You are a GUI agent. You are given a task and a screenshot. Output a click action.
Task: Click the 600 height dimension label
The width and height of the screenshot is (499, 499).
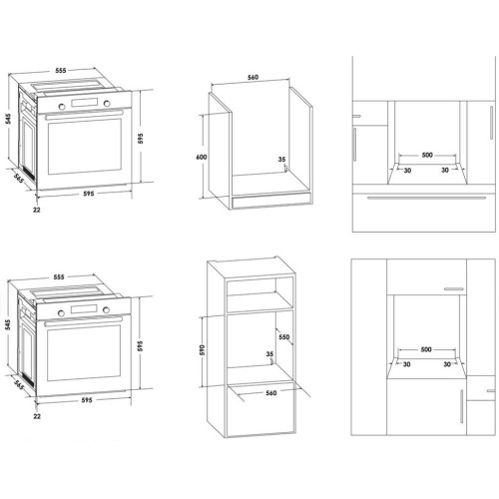[x=202, y=157]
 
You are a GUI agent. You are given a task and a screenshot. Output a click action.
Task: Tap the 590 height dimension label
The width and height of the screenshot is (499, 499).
[x=203, y=349]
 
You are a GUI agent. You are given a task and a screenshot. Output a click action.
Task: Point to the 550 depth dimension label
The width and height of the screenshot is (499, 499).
[x=284, y=337]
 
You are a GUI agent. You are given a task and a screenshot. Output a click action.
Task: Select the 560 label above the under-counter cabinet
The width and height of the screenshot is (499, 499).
[x=252, y=77]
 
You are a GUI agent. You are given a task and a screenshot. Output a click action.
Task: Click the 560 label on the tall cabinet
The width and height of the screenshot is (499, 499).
[x=271, y=393]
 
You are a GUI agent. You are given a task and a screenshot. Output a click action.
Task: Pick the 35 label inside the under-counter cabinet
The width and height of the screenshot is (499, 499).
[x=281, y=160]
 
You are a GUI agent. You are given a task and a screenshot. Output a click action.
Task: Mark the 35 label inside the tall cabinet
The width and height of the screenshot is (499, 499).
[x=269, y=354]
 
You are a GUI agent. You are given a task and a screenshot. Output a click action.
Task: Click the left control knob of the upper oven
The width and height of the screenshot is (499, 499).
[x=62, y=107]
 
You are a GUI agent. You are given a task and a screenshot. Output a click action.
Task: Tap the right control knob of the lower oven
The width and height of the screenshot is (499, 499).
[x=106, y=310]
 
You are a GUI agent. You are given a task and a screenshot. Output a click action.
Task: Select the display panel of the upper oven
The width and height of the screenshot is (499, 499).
[x=85, y=103]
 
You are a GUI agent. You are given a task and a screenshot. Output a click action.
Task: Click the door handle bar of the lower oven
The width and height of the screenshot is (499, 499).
[x=84, y=321]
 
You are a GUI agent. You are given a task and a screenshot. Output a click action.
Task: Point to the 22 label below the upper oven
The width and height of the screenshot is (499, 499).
[x=37, y=210]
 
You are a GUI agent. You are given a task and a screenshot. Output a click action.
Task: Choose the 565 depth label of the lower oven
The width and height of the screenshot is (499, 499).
[x=20, y=384]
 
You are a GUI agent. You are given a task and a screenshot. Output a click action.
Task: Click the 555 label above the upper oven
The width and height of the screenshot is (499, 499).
[x=61, y=71]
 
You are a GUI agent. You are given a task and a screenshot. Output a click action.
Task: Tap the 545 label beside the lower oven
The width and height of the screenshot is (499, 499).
[x=8, y=324]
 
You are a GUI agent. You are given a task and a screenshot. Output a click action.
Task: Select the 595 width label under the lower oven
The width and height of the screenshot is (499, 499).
[x=87, y=400]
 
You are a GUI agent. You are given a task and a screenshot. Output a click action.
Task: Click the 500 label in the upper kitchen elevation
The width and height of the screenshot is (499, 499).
[x=427, y=155]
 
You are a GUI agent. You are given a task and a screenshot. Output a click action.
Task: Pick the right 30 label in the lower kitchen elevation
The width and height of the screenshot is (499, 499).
[x=447, y=364]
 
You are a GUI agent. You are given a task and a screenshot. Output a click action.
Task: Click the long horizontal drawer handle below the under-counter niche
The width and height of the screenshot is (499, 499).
[x=427, y=199]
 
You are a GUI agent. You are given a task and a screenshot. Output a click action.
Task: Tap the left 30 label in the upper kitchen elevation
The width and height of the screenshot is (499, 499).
[x=407, y=171]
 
